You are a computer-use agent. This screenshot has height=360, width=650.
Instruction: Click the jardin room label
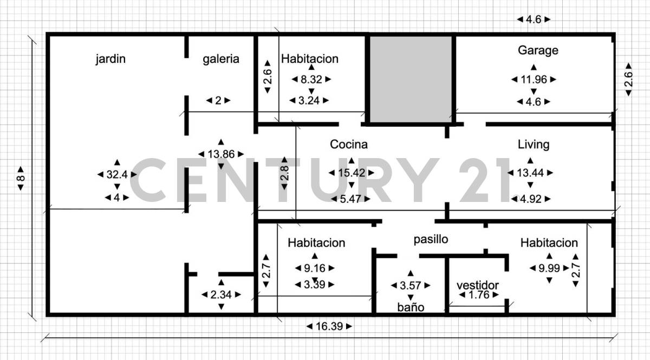[x=110, y=59]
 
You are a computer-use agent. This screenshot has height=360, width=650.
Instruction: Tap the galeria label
[x=221, y=59]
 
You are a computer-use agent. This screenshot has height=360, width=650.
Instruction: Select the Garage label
[x=538, y=50]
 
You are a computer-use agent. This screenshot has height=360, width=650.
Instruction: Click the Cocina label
[x=349, y=145]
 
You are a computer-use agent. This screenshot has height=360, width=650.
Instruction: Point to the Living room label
[x=534, y=145]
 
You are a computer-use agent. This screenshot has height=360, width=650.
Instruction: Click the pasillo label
[x=431, y=239]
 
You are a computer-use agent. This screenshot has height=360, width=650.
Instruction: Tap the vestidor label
[x=477, y=285]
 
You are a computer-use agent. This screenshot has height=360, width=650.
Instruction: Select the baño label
[x=411, y=307]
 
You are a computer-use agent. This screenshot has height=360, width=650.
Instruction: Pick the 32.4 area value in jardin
[x=117, y=174]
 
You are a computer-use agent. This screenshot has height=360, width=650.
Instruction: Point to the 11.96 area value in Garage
[x=534, y=80]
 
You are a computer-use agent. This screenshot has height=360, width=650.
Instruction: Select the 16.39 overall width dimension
[x=329, y=326]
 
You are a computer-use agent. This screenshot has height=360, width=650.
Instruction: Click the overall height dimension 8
[x=21, y=178]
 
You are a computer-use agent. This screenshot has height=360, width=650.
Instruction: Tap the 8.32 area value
[x=311, y=80]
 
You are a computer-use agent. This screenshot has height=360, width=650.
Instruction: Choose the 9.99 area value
[x=549, y=267]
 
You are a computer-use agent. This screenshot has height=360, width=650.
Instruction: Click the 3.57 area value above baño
[x=410, y=285]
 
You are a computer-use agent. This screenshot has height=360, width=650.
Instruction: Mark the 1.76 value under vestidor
[x=477, y=295]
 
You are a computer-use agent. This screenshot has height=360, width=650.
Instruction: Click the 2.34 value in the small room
[x=221, y=294]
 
